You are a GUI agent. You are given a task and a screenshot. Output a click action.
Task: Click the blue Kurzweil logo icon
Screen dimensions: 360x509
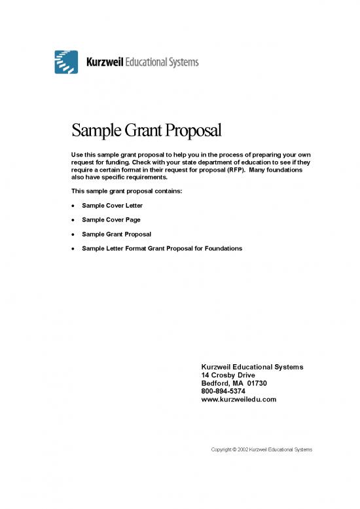tap(65, 62)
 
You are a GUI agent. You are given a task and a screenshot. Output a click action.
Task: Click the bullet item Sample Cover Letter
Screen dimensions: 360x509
tap(112, 206)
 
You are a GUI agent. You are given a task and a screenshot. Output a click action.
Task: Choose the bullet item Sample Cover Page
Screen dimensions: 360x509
tap(111, 220)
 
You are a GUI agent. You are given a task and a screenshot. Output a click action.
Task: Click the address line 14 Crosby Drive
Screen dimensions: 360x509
tap(227, 375)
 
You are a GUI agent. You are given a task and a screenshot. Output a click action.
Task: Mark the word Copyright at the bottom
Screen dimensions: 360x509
tap(223, 449)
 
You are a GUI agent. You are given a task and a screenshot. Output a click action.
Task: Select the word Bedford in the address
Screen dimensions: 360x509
tap(215, 383)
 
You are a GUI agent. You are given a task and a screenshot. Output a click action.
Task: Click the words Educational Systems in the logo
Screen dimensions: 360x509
tap(160, 62)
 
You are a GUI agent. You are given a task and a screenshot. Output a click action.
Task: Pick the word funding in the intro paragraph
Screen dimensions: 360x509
tap(111, 162)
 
